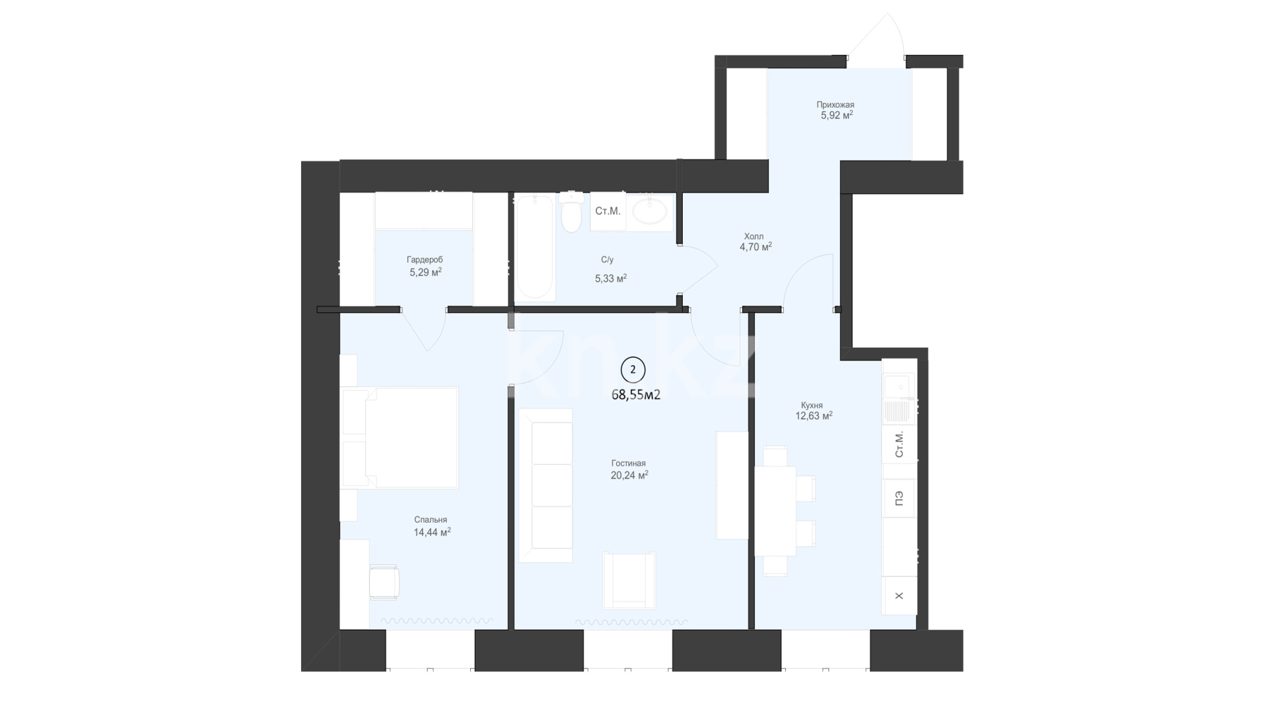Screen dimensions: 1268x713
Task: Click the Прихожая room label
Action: [x=835, y=104]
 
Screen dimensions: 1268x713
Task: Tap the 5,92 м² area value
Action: [x=837, y=115]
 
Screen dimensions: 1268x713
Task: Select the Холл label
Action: [x=754, y=236]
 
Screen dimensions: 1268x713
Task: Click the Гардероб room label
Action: [x=425, y=260]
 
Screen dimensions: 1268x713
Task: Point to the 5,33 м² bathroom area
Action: [x=611, y=279]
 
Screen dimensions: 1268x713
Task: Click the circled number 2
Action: [x=633, y=370]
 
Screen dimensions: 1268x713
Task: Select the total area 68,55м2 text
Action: [x=636, y=395]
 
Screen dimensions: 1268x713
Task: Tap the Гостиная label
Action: [x=629, y=463]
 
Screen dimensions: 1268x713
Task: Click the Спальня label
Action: [x=431, y=520]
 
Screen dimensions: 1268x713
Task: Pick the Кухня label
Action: [x=812, y=405]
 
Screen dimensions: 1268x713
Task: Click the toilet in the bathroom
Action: [x=571, y=211]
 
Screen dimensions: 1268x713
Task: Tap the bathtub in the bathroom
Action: [x=534, y=247]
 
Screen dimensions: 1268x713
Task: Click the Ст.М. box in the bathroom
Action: [x=608, y=211]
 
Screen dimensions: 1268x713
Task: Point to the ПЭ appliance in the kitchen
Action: [x=899, y=498]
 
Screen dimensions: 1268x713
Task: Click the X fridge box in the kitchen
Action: [x=899, y=595]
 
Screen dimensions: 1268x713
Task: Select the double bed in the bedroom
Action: [x=400, y=438]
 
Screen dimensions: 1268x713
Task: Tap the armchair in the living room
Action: [x=629, y=580]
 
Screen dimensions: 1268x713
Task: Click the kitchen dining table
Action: [x=775, y=511]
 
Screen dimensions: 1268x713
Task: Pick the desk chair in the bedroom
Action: [x=384, y=582]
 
